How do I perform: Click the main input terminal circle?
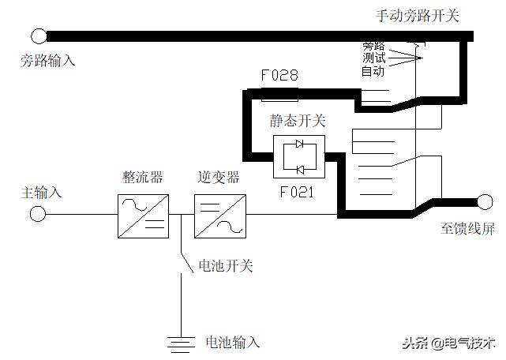point(37,214)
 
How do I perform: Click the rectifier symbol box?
point(142,215)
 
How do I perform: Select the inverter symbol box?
point(219,215)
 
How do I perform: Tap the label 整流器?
point(142,177)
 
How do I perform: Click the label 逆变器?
point(219,177)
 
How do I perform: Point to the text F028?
point(279,75)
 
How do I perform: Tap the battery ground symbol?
point(182,342)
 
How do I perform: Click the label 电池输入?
point(232,342)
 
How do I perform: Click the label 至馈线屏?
point(468,228)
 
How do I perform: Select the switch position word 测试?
point(373,58)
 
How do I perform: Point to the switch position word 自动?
point(373,71)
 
